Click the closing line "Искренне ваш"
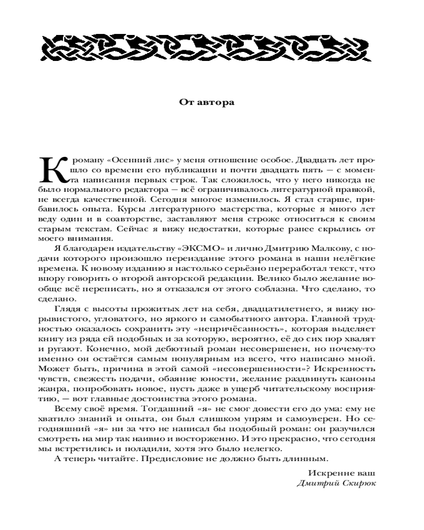tap(341, 472)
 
